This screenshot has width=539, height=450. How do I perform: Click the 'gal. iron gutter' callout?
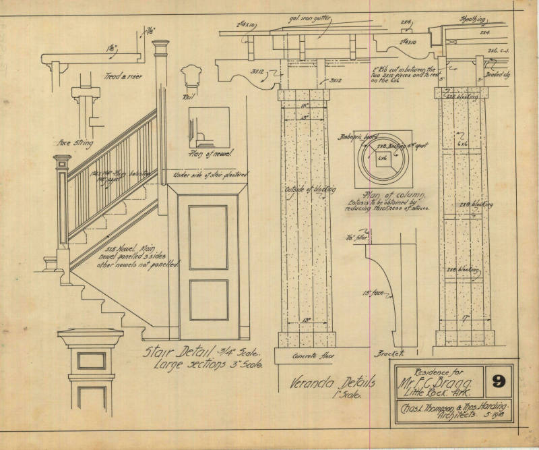tap(309, 21)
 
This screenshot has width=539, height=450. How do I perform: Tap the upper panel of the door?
tap(208, 237)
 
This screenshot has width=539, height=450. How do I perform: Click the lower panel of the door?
tap(208, 300)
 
